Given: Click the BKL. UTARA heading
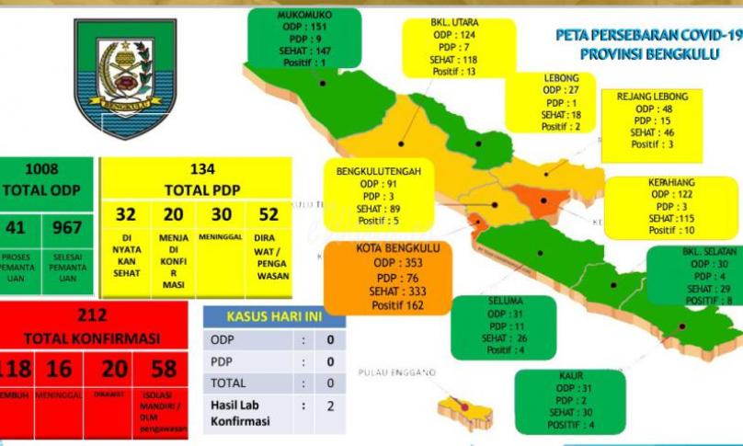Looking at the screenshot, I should click(x=453, y=22).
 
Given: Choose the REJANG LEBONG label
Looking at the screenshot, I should click(x=652, y=96).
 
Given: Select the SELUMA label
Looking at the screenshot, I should click(x=501, y=302).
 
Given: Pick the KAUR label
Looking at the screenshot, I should click(x=571, y=376).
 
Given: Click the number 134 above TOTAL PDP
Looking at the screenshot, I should click(x=195, y=169).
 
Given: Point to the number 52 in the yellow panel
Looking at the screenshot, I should click(x=268, y=214).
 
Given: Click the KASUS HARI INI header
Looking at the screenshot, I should click(x=274, y=316).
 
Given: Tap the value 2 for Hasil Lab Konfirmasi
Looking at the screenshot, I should click(x=329, y=403).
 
